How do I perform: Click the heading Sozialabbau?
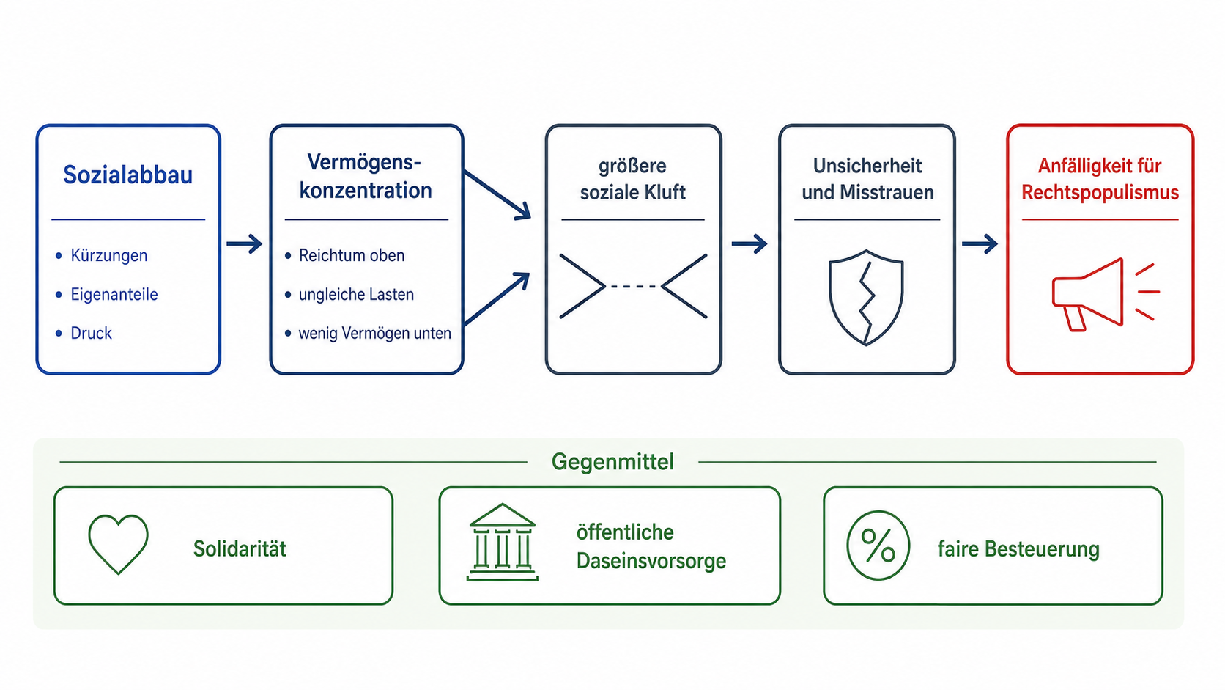128,175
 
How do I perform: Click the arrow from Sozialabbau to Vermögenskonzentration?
245,243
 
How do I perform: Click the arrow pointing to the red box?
980,243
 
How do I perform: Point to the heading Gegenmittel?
612,462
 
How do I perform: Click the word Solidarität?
240,548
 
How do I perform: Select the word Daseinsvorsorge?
651,561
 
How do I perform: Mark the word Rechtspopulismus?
1100,193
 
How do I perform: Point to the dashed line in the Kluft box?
633,286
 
